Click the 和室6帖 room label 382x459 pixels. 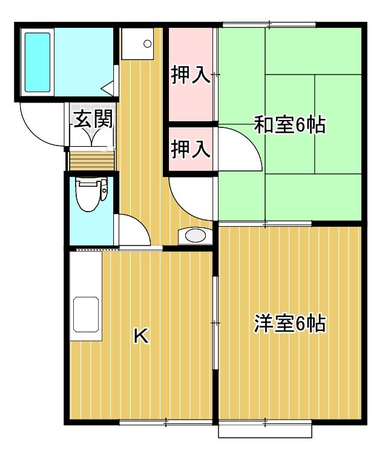pyautogui.click(x=289, y=125)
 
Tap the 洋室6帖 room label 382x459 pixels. pyautogui.click(x=289, y=324)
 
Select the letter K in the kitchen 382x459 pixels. pyautogui.click(x=141, y=336)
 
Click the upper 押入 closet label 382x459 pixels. pyautogui.click(x=190, y=75)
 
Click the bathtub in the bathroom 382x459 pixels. pyautogui.click(x=38, y=62)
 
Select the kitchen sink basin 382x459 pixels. pyautogui.click(x=86, y=315)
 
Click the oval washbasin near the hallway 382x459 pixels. pyautogui.click(x=196, y=236)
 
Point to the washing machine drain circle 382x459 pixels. pyautogui.click(x=148, y=44)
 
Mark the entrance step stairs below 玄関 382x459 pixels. pyautogui.click(x=91, y=161)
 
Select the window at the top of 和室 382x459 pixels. pyautogui.click(x=269, y=25)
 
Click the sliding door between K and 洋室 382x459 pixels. pyautogui.click(x=216, y=323)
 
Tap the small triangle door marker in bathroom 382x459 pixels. pyautogui.click(x=107, y=88)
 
